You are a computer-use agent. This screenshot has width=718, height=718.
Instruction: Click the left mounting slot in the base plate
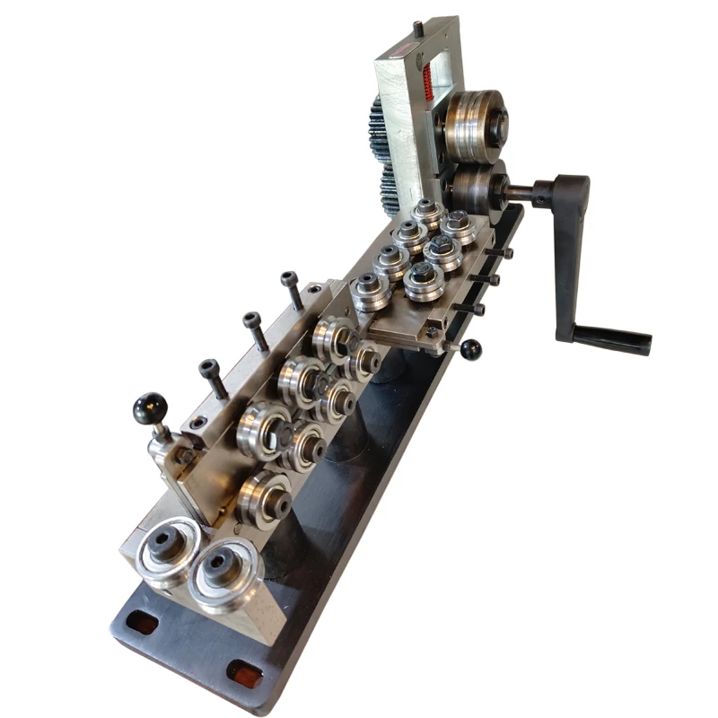click(x=142, y=620)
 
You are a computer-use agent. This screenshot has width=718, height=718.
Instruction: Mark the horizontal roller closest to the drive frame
click(x=427, y=214)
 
